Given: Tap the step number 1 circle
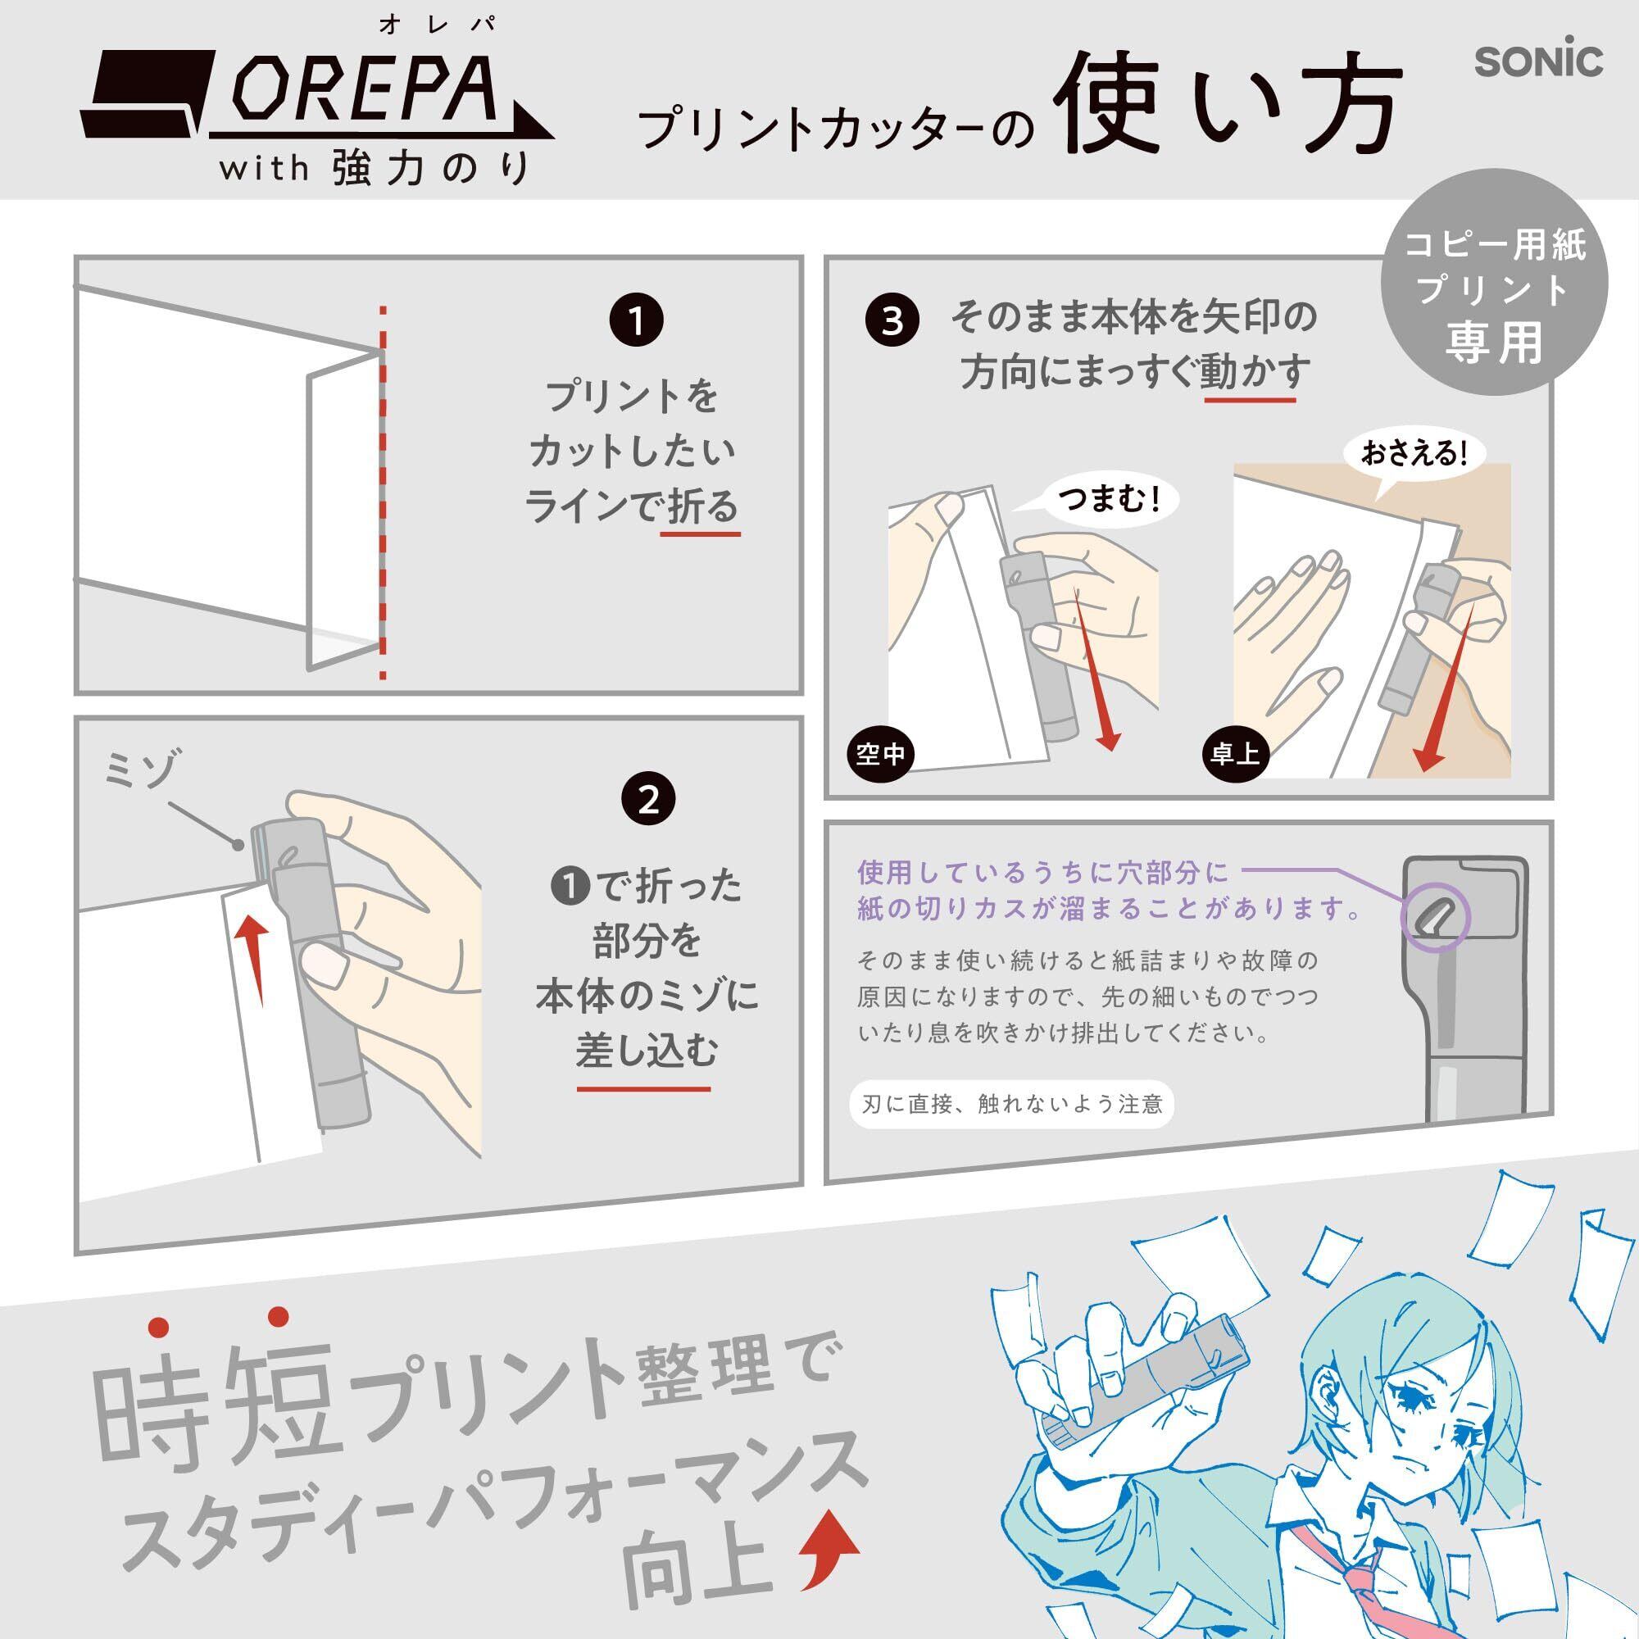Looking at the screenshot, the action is [636, 321].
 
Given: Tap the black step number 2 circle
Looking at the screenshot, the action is [648, 800].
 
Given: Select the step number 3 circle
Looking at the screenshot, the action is [892, 320].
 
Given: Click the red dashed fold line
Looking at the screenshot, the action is [383, 492].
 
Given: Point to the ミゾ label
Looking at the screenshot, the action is [142, 770].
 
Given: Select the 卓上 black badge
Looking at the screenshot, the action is [1235, 753].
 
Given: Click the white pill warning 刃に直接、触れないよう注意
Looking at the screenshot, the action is [1011, 1103].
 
